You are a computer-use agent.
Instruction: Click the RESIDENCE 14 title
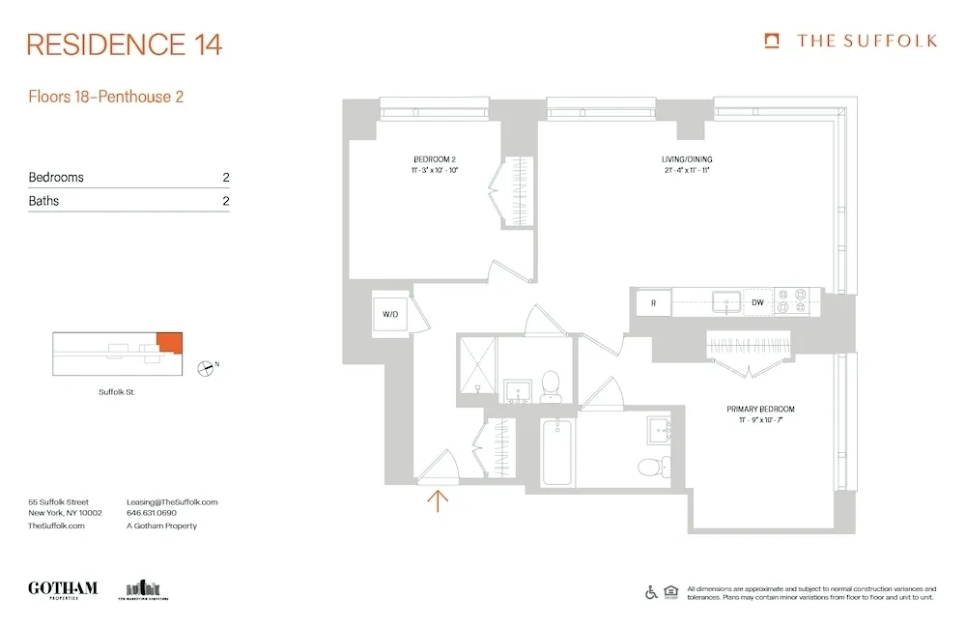[125, 44]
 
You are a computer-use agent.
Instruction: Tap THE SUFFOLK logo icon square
[771, 41]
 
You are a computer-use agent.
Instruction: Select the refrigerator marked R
[653, 303]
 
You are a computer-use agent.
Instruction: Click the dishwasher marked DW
[759, 303]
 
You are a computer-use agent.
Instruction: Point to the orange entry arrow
[439, 499]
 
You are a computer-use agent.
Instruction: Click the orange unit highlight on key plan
[168, 341]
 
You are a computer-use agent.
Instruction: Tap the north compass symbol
[206, 367]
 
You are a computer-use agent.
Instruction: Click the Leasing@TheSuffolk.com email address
[172, 502]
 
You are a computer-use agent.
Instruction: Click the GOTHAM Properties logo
[63, 589]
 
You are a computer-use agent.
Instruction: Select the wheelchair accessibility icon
[651, 592]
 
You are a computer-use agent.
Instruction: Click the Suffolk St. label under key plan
[118, 392]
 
